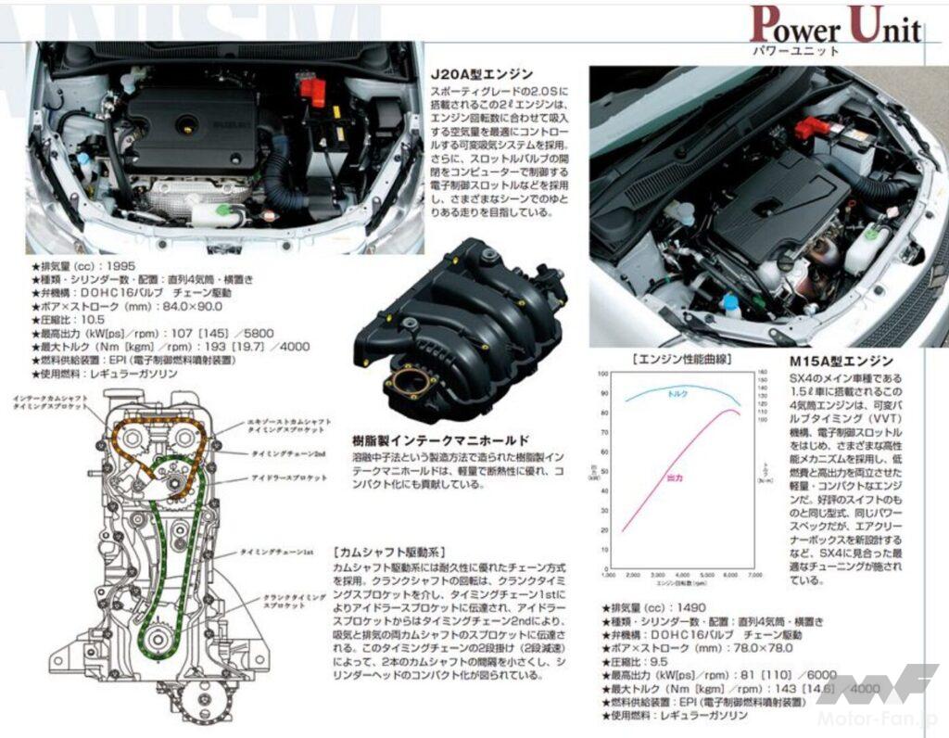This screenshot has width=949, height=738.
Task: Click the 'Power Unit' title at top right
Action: (x=835, y=25)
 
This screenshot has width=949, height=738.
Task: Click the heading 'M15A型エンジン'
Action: (x=841, y=361)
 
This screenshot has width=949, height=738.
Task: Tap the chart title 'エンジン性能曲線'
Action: (x=679, y=358)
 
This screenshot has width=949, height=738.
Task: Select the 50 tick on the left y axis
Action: (x=603, y=472)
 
